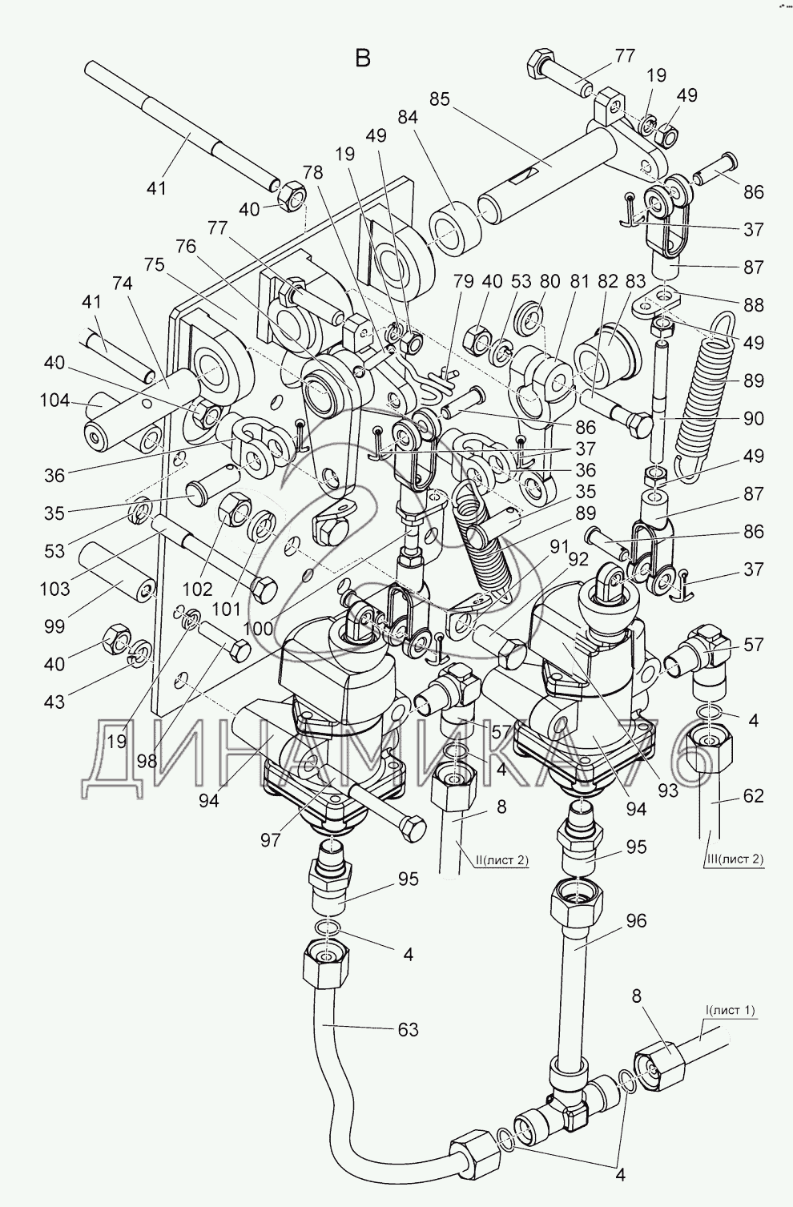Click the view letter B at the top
(363, 58)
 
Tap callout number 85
(440, 99)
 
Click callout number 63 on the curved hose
(409, 1029)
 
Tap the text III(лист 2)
(734, 859)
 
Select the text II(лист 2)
(501, 861)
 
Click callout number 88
(753, 305)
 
